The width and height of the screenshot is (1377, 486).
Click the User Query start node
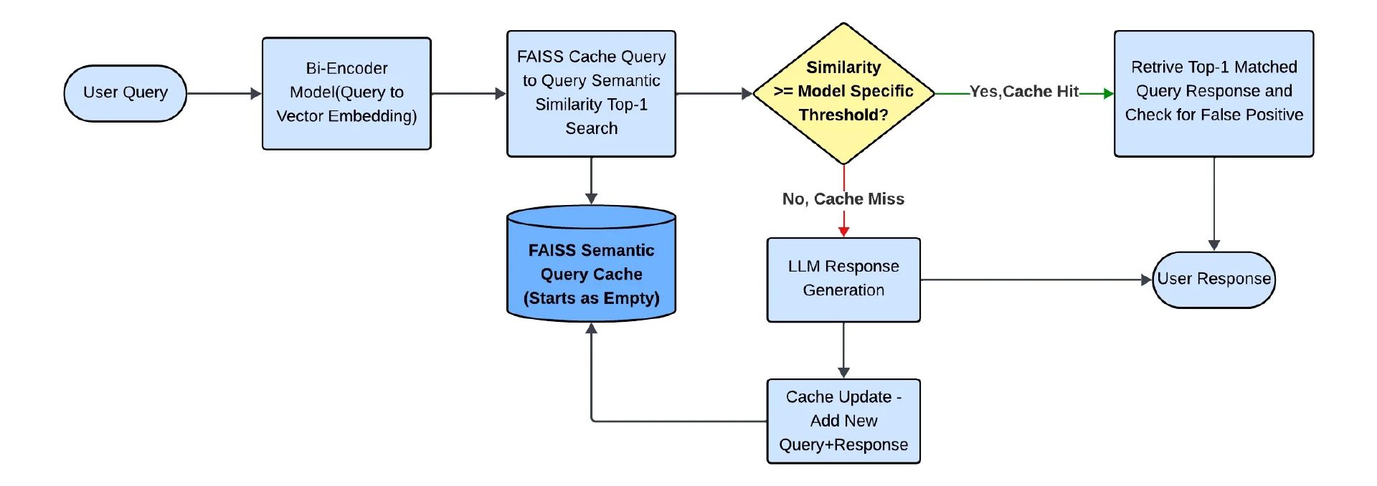125,93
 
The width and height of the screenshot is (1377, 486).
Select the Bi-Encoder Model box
346,93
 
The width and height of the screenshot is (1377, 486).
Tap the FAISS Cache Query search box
591,93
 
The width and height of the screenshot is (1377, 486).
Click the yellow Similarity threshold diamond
843,93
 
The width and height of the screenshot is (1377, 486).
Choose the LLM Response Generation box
843,280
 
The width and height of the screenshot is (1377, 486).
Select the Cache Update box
843,421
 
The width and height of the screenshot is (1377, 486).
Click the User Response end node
1213,280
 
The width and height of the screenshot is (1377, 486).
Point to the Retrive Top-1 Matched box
1213,93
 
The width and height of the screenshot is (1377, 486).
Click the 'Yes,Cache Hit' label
1023,92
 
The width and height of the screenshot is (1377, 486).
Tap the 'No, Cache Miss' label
843,199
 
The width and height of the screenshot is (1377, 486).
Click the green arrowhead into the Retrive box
1108,93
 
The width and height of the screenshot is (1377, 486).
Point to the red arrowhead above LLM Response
843,232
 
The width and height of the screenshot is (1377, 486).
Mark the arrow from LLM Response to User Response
1033,280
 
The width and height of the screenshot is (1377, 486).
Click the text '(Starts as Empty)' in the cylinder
591,298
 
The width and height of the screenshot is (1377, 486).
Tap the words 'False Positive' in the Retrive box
1255,115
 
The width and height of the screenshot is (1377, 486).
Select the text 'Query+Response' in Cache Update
843,445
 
